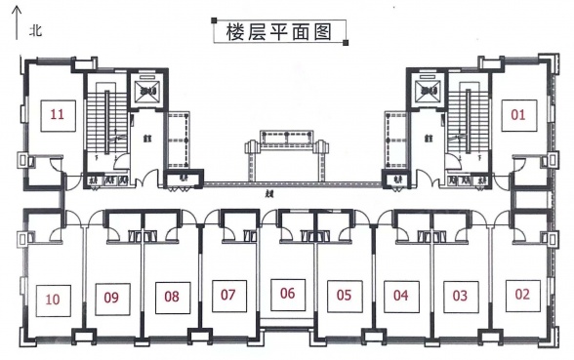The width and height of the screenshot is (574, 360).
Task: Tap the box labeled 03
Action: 461,294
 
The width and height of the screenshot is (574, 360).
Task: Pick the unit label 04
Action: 401,294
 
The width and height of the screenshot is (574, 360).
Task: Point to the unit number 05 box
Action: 344,294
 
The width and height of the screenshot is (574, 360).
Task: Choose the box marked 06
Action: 287,293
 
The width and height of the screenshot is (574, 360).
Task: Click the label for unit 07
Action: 228,294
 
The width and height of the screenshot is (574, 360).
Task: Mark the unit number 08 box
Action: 172,295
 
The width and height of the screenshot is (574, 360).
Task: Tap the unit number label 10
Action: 54,299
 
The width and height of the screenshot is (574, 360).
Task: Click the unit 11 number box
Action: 58,115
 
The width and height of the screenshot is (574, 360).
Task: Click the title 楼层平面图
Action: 280,31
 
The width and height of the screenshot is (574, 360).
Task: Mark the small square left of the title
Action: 213,21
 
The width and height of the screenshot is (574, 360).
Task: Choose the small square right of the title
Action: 346,41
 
